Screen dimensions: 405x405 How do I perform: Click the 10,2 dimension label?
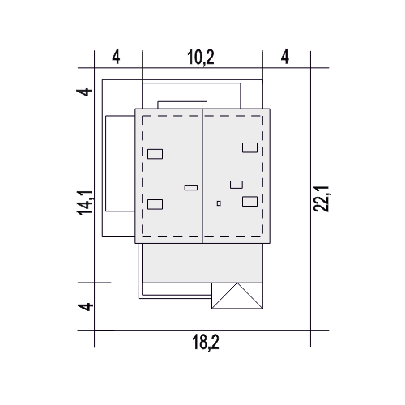[201, 58]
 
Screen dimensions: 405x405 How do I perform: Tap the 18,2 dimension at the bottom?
[206, 342]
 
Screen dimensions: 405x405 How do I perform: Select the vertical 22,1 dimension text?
[321, 198]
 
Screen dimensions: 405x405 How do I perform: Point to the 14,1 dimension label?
[85, 203]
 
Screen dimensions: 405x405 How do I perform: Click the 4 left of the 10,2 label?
[116, 57]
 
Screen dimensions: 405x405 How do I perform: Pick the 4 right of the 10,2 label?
[285, 57]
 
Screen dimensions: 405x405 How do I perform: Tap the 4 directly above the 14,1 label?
[85, 92]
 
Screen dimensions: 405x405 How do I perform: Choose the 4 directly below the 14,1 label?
[85, 307]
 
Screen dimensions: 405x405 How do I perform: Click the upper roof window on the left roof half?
[156, 154]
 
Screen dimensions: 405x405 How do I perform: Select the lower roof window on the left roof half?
[156, 204]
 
